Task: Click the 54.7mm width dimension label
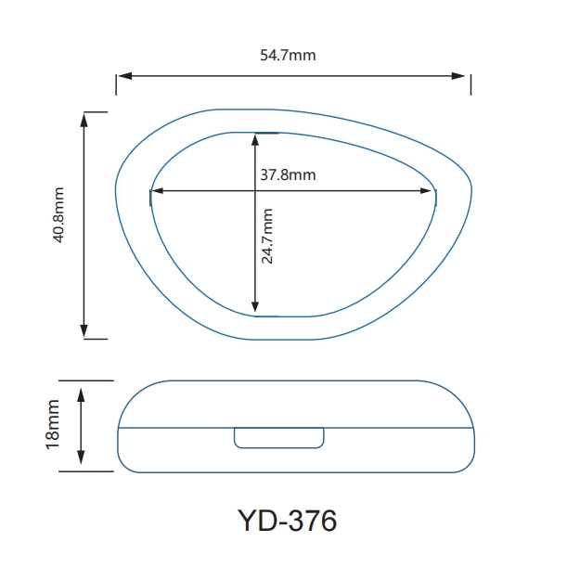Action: (288, 55)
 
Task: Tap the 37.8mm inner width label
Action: (288, 174)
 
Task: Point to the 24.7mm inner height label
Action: (267, 237)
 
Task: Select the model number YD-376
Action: (287, 521)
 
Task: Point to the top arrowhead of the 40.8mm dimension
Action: (84, 118)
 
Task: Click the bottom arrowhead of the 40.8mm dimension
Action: (84, 331)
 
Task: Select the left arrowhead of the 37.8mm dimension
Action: (157, 191)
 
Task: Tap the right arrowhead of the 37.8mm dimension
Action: (429, 191)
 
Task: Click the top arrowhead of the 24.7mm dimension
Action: (255, 139)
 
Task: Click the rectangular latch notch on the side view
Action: (278, 436)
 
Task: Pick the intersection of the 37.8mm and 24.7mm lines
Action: (255, 191)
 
